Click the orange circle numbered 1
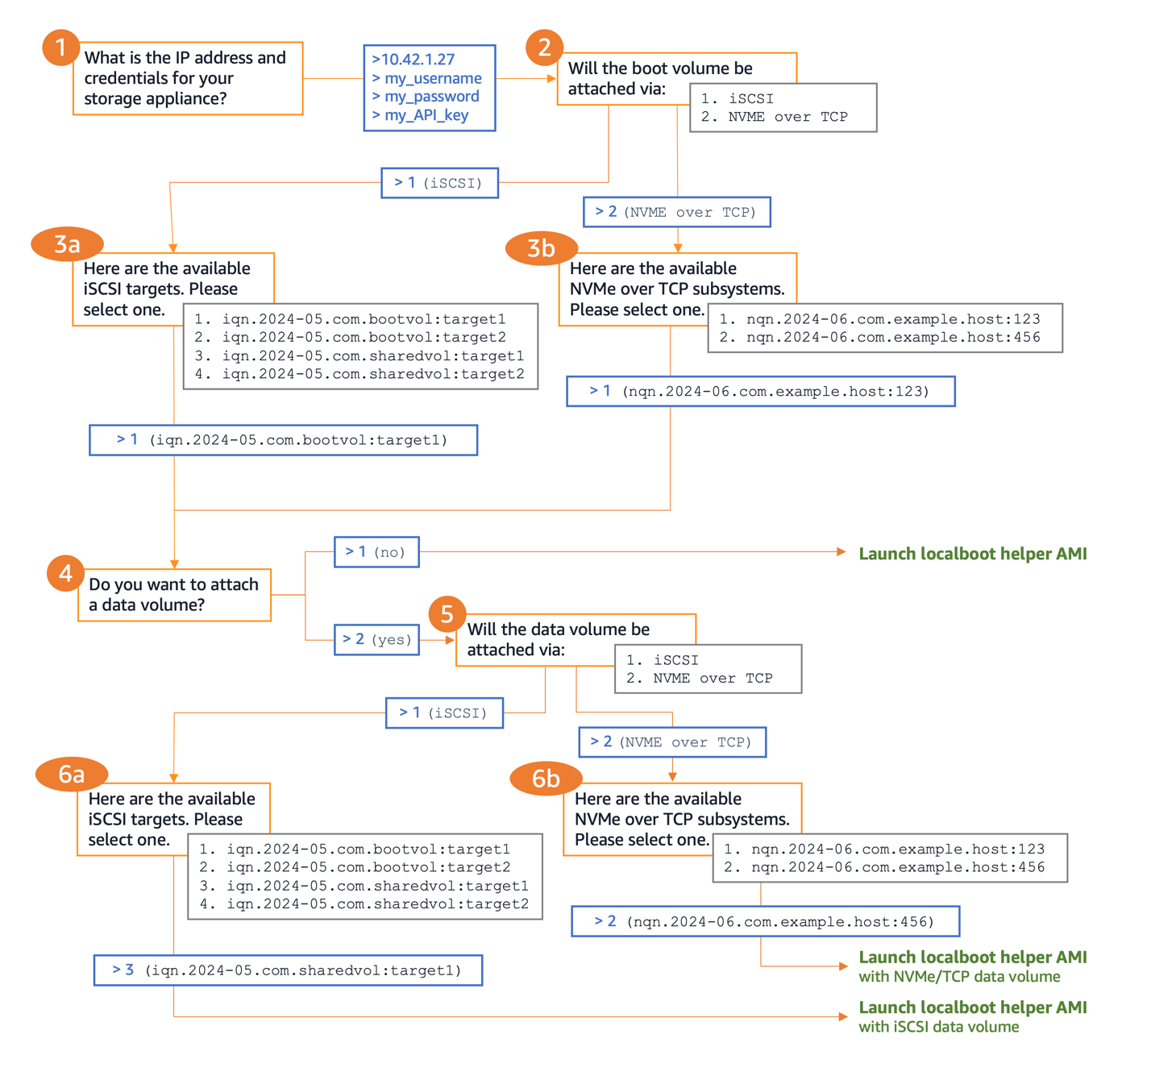(60, 48)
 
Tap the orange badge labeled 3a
(67, 244)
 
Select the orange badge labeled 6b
(546, 779)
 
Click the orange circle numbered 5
(447, 614)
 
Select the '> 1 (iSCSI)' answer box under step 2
(439, 183)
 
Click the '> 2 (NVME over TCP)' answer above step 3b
(676, 212)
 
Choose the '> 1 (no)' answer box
(376, 552)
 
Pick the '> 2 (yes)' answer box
(376, 640)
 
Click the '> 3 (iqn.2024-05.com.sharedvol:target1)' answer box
(288, 970)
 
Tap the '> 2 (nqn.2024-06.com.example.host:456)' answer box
(765, 921)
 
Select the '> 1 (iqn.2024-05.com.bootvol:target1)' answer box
(283, 440)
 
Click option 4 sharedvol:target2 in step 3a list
(360, 374)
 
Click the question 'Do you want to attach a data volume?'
(174, 595)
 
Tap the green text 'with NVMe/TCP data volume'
(958, 977)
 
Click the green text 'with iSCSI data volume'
(938, 1027)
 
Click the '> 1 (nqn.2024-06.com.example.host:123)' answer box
(760, 392)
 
